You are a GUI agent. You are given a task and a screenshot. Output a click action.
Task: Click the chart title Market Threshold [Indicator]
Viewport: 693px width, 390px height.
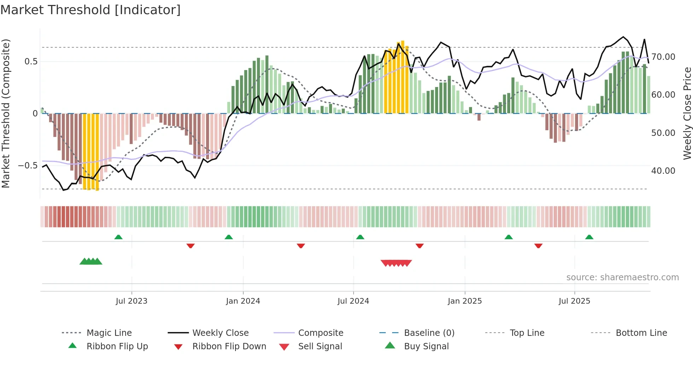(x=91, y=10)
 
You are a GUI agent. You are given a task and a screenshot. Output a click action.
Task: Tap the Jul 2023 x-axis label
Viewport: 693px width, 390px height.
(x=132, y=301)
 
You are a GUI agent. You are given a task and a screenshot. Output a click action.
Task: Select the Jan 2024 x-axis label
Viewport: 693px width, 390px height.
(x=243, y=301)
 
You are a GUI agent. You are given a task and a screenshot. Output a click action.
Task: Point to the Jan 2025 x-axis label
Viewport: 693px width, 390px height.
(x=465, y=301)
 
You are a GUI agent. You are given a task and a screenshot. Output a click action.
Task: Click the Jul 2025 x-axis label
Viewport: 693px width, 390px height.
(x=574, y=301)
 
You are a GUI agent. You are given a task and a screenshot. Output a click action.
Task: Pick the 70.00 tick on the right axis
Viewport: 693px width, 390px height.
(x=663, y=57)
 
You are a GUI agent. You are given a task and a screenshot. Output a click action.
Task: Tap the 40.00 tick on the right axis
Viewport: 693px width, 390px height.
(x=663, y=171)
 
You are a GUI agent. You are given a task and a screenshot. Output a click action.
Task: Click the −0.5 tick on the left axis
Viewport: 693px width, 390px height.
(x=28, y=166)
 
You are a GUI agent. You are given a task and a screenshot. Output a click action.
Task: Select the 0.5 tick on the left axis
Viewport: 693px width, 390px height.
(x=31, y=62)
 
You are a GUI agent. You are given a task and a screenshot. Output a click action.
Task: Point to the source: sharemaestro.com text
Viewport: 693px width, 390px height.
(x=622, y=277)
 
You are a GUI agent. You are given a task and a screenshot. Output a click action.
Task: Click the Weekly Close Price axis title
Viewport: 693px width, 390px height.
(x=687, y=113)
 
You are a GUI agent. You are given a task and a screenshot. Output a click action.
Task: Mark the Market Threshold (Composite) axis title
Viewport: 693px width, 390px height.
(x=6, y=113)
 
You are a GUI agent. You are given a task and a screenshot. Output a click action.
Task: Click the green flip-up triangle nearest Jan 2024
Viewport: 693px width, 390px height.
(x=229, y=237)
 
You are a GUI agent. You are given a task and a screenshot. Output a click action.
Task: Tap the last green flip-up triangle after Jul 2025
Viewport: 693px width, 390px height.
(x=589, y=237)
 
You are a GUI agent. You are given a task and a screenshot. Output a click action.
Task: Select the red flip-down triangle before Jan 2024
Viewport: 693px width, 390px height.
(x=191, y=246)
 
